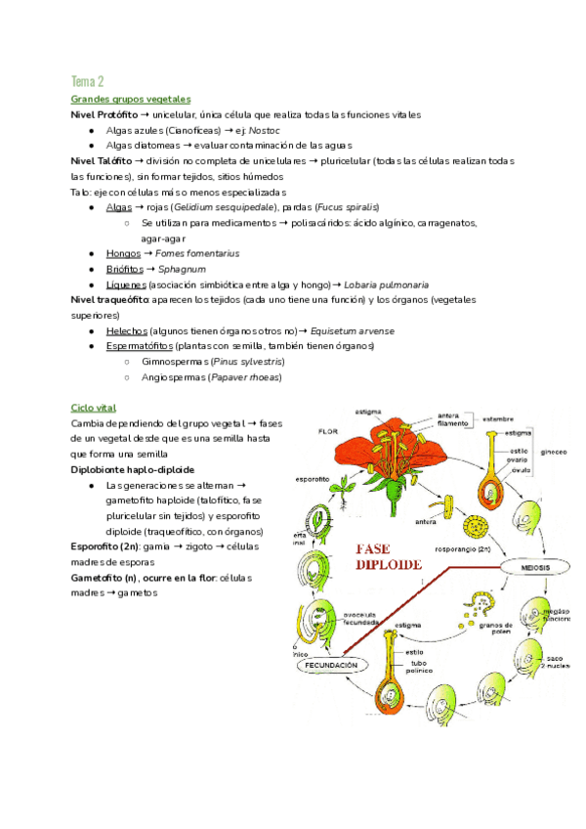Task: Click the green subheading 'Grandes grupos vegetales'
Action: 131,100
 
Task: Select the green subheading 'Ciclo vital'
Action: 94,407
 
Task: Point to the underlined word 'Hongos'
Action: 123,253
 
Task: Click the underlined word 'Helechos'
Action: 127,331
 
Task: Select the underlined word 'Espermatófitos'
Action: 140,346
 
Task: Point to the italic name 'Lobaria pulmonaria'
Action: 387,284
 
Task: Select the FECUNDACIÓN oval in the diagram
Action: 332,665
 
